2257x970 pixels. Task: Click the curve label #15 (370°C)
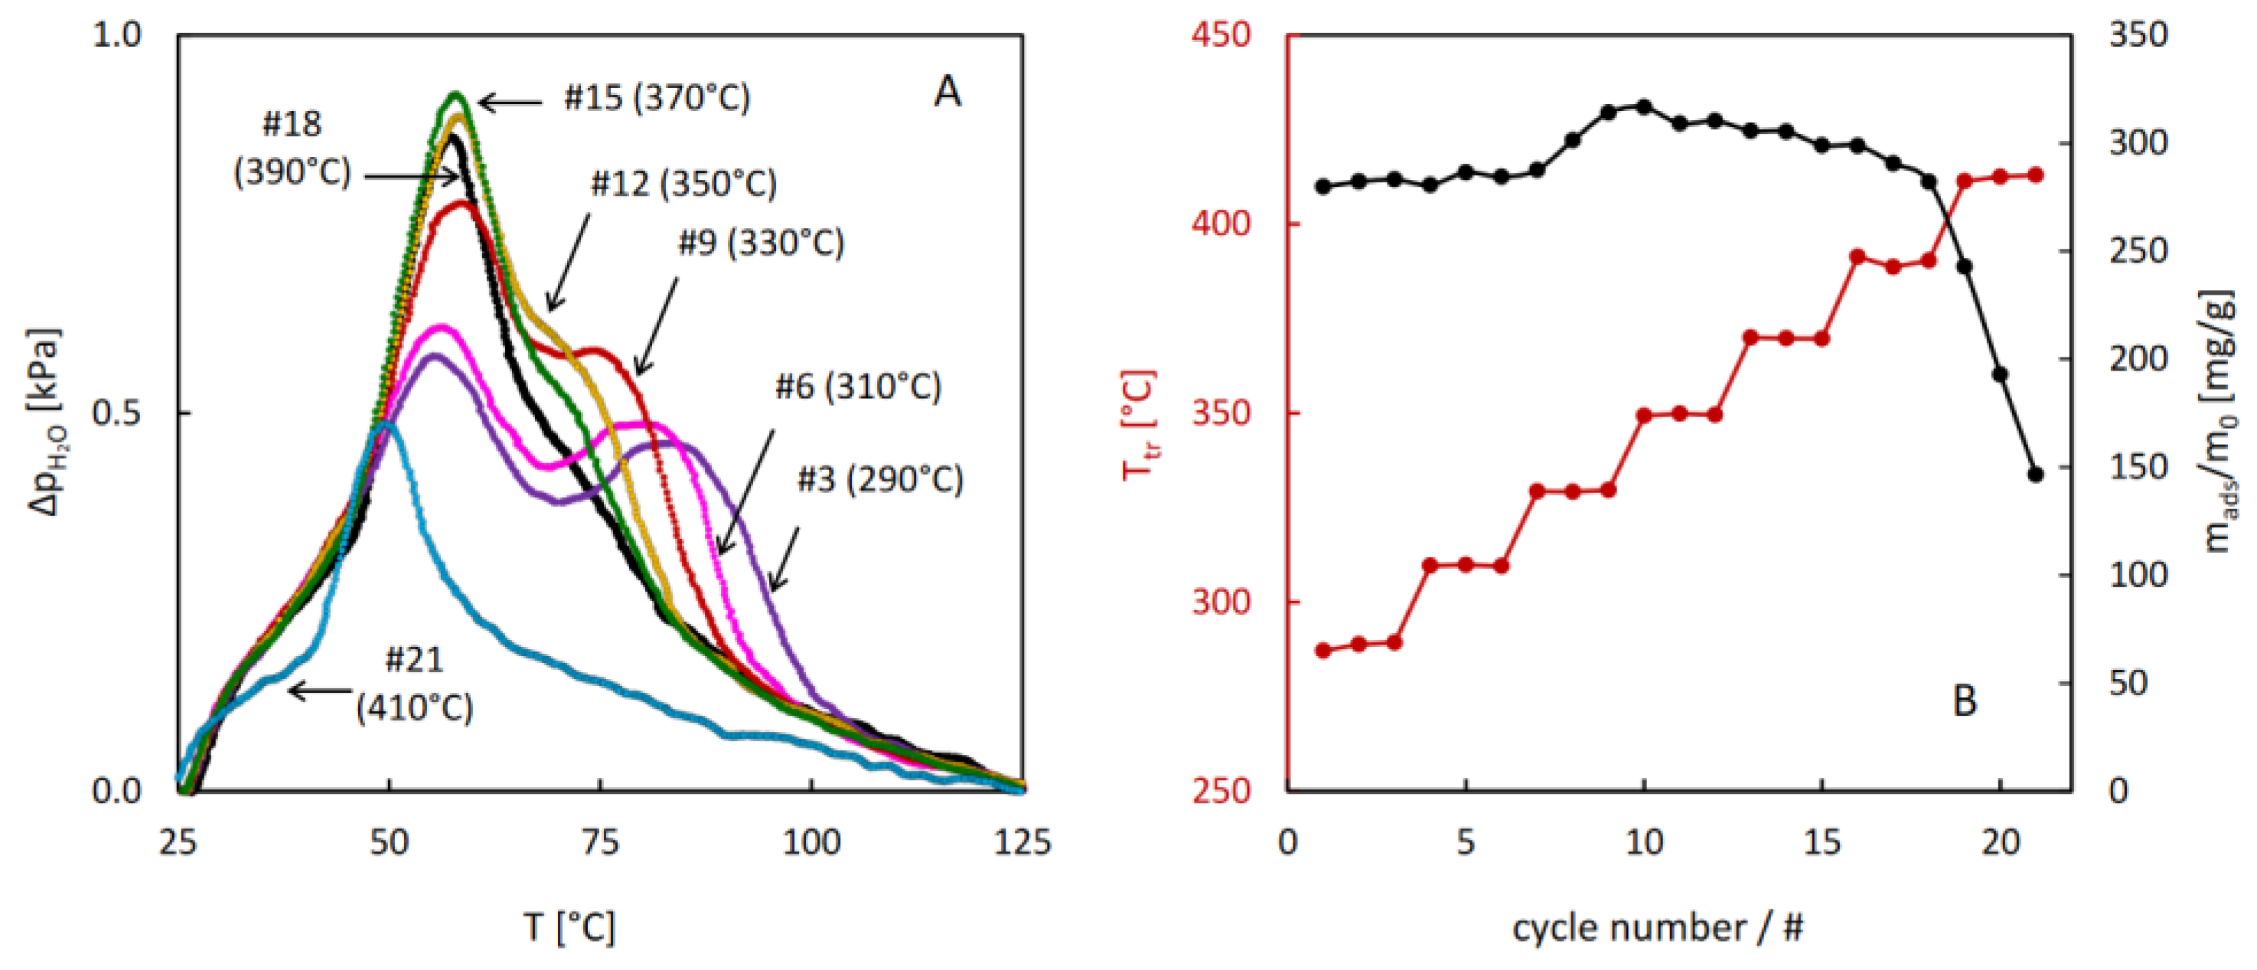[x=657, y=98]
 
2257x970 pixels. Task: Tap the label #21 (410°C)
[x=414, y=684]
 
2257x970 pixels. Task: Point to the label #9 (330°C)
[x=761, y=243]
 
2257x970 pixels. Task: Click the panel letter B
[x=1965, y=701]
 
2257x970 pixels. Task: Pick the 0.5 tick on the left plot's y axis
[x=116, y=413]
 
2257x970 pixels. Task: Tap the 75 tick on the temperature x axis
[x=600, y=843]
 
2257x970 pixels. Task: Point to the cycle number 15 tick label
[x=1822, y=843]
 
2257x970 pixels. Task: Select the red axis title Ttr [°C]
[x=1139, y=424]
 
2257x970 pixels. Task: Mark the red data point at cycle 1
[x=1324, y=650]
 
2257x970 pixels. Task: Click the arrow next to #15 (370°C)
[x=510, y=103]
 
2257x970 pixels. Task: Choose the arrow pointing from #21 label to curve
[x=320, y=691]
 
